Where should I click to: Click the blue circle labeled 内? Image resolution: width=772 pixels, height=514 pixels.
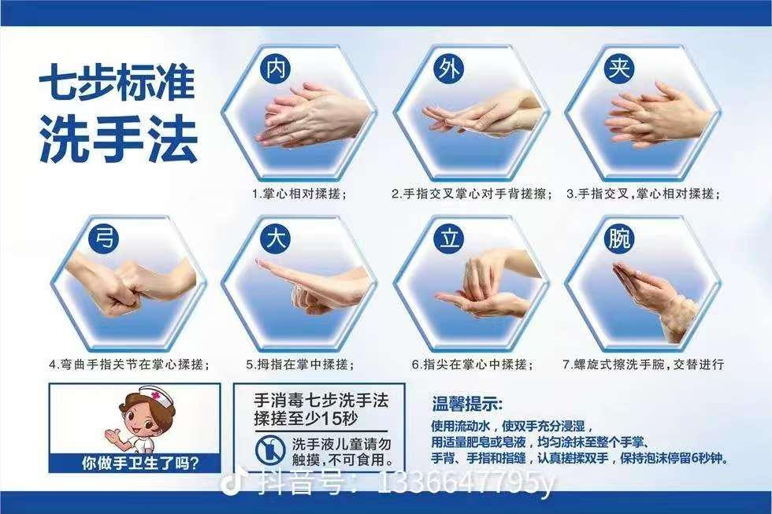274,68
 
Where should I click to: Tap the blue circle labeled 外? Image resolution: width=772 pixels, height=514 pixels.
445,68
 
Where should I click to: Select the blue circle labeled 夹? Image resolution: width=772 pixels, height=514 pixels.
618,68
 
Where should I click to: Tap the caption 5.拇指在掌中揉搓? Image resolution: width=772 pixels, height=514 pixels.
299,364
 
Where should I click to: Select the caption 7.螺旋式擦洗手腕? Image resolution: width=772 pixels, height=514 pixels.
643,364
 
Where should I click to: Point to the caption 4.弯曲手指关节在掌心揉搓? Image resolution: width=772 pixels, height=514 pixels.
129,364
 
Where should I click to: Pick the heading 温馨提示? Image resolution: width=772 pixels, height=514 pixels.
467,405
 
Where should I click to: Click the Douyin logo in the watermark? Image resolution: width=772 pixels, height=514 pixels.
234,482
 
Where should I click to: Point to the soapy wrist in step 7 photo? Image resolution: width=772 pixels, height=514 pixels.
676,316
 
